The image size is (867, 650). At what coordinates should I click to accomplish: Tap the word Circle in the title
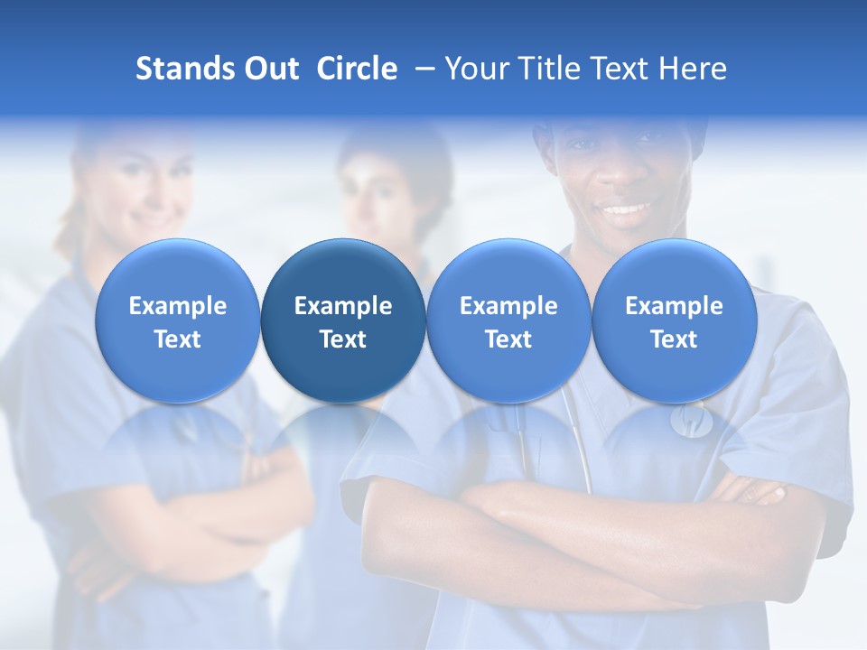pos(357,69)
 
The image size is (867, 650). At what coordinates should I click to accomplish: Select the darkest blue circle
pos(343,320)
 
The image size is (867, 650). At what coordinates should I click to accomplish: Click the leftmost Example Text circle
pos(178,320)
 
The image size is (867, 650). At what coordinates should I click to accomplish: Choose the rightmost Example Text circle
pos(674,320)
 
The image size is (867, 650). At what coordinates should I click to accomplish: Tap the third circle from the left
pos(508,320)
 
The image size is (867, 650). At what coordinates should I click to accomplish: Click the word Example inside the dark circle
pos(343,306)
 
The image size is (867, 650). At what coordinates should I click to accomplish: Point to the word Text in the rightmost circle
pos(674,339)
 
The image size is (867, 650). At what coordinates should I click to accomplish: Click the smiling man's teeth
pos(626,210)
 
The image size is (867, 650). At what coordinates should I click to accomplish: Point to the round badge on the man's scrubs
pos(690,421)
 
